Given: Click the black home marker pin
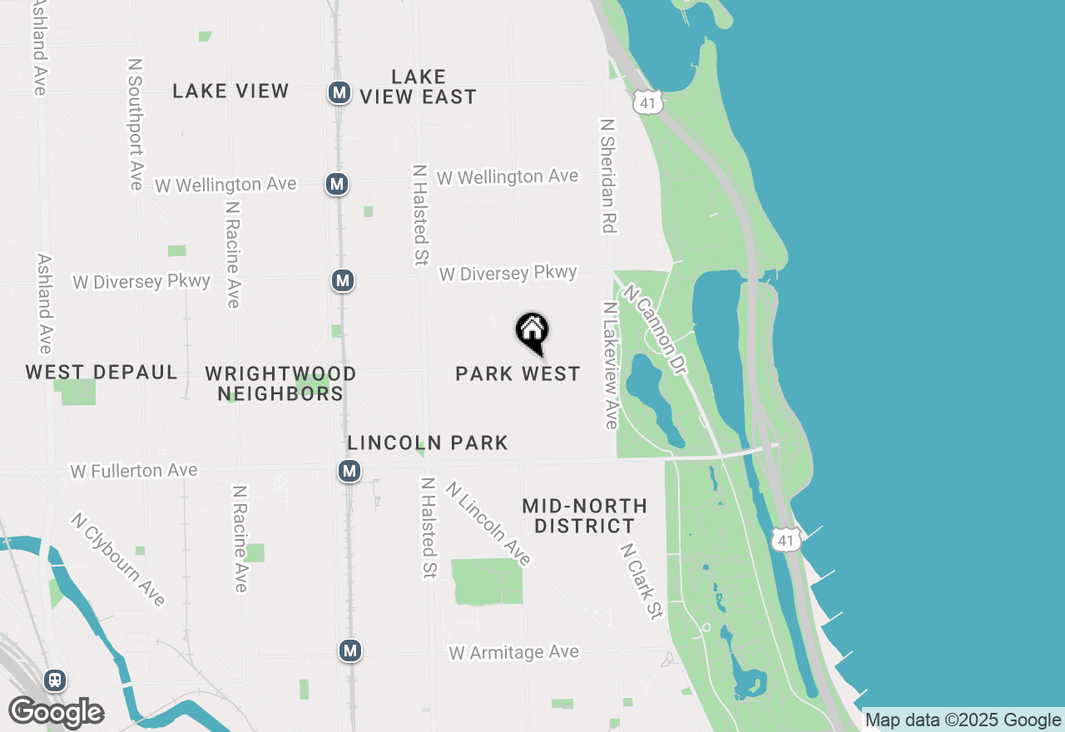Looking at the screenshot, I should click(532, 334).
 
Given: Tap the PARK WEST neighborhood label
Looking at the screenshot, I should click(518, 374).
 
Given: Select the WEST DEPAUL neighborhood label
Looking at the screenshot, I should click(102, 372).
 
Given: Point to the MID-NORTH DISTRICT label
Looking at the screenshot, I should click(584, 516).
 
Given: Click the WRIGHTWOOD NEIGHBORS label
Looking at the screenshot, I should click(280, 383).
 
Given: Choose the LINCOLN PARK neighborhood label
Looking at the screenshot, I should click(428, 443).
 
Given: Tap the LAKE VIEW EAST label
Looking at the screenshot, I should click(418, 87).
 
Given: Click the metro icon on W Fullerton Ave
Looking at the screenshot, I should click(349, 472).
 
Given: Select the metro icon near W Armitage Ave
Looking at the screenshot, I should click(350, 650).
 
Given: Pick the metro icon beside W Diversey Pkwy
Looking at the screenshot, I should click(343, 281).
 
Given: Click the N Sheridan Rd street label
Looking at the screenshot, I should click(609, 175).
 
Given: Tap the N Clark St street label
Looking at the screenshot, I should click(641, 582).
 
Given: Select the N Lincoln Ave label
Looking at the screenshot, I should click(488, 523).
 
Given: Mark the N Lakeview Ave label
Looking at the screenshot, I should click(611, 365).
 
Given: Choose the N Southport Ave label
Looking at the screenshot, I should click(136, 124).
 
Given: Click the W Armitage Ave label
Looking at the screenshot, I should click(513, 653).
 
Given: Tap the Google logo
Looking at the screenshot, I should click(56, 712).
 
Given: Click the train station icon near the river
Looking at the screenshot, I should click(56, 680).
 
